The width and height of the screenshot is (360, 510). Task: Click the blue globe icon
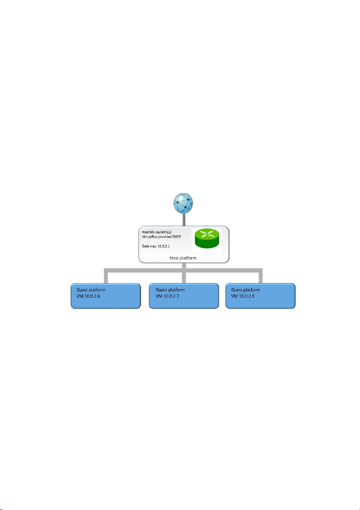tap(183, 203)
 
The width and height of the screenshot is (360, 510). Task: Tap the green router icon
tap(207, 239)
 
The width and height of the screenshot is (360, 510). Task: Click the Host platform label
tap(183, 258)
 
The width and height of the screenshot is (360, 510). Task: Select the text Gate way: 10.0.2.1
tap(156, 247)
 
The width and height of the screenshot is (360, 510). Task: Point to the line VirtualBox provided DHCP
tap(161, 237)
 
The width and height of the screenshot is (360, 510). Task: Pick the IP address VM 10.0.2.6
tap(88, 296)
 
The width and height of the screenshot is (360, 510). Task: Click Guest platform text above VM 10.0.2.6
tap(91, 290)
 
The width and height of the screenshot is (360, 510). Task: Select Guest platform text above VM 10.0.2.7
tap(170, 290)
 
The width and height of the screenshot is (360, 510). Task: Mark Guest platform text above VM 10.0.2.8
tap(246, 290)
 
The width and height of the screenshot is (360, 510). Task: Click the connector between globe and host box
tap(184, 220)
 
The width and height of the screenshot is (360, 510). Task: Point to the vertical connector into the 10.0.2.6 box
tap(106, 276)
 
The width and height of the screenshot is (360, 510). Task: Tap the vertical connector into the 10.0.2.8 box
tap(261, 276)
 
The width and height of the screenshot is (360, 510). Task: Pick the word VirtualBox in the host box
tap(149, 237)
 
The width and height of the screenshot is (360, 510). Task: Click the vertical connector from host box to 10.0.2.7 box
tap(184, 273)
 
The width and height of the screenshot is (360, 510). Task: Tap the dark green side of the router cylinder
tap(207, 244)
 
